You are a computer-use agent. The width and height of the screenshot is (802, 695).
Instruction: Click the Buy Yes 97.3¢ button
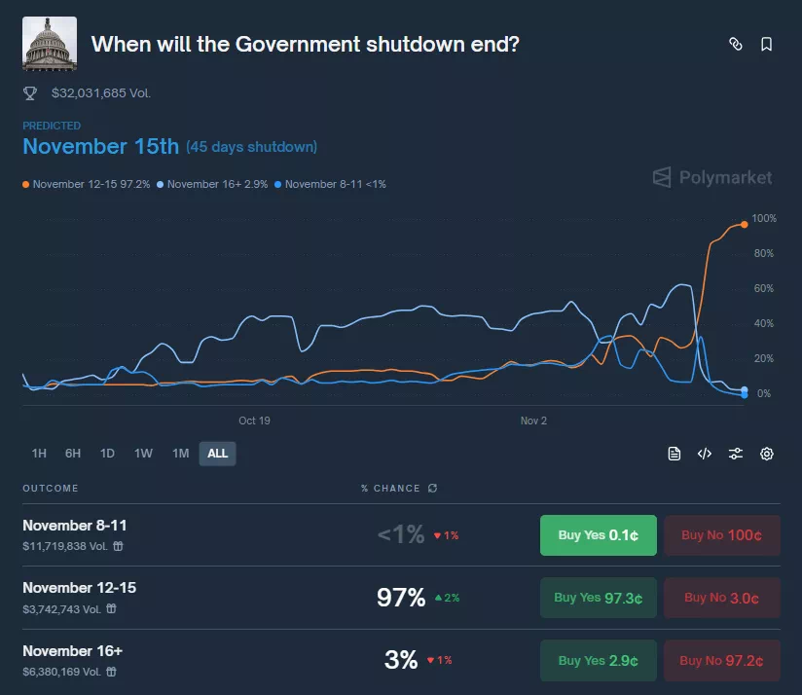pyautogui.click(x=598, y=598)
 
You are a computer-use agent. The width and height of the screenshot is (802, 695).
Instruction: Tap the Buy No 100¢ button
pyautogui.click(x=721, y=535)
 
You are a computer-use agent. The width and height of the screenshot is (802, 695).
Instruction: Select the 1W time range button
pyautogui.click(x=143, y=454)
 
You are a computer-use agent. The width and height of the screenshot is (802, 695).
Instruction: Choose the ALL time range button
pyautogui.click(x=217, y=454)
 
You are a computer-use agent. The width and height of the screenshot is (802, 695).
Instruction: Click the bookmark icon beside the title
pyautogui.click(x=766, y=44)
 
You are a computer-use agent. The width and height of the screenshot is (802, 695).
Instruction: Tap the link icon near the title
pyautogui.click(x=736, y=44)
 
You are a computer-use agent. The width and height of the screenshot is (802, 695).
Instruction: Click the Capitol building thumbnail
pyautogui.click(x=49, y=44)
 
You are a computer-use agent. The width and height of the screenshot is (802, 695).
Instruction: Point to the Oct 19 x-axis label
pyautogui.click(x=254, y=421)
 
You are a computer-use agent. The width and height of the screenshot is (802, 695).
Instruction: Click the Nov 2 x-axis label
pyautogui.click(x=533, y=421)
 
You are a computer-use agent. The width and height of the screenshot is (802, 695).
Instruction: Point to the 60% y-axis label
pyautogui.click(x=763, y=288)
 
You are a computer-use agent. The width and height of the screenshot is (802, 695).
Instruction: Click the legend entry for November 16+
pyautogui.click(x=213, y=184)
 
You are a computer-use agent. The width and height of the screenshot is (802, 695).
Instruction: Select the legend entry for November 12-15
pyautogui.click(x=87, y=184)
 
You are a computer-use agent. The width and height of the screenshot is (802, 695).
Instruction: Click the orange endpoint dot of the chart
pyautogui.click(x=745, y=224)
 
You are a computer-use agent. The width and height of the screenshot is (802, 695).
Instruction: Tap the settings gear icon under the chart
pyautogui.click(x=766, y=454)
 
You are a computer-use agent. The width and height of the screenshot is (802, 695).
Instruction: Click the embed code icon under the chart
pyautogui.click(x=705, y=454)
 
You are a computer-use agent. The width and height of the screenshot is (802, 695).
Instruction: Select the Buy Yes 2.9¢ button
pyautogui.click(x=598, y=661)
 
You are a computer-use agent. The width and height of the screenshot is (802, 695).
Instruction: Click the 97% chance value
pyautogui.click(x=400, y=598)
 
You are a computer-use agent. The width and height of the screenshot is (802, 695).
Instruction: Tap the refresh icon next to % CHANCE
pyautogui.click(x=432, y=489)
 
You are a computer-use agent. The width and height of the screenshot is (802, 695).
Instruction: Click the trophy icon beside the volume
pyautogui.click(x=30, y=93)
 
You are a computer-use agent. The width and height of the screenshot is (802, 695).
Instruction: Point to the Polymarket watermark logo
pyautogui.click(x=712, y=177)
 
